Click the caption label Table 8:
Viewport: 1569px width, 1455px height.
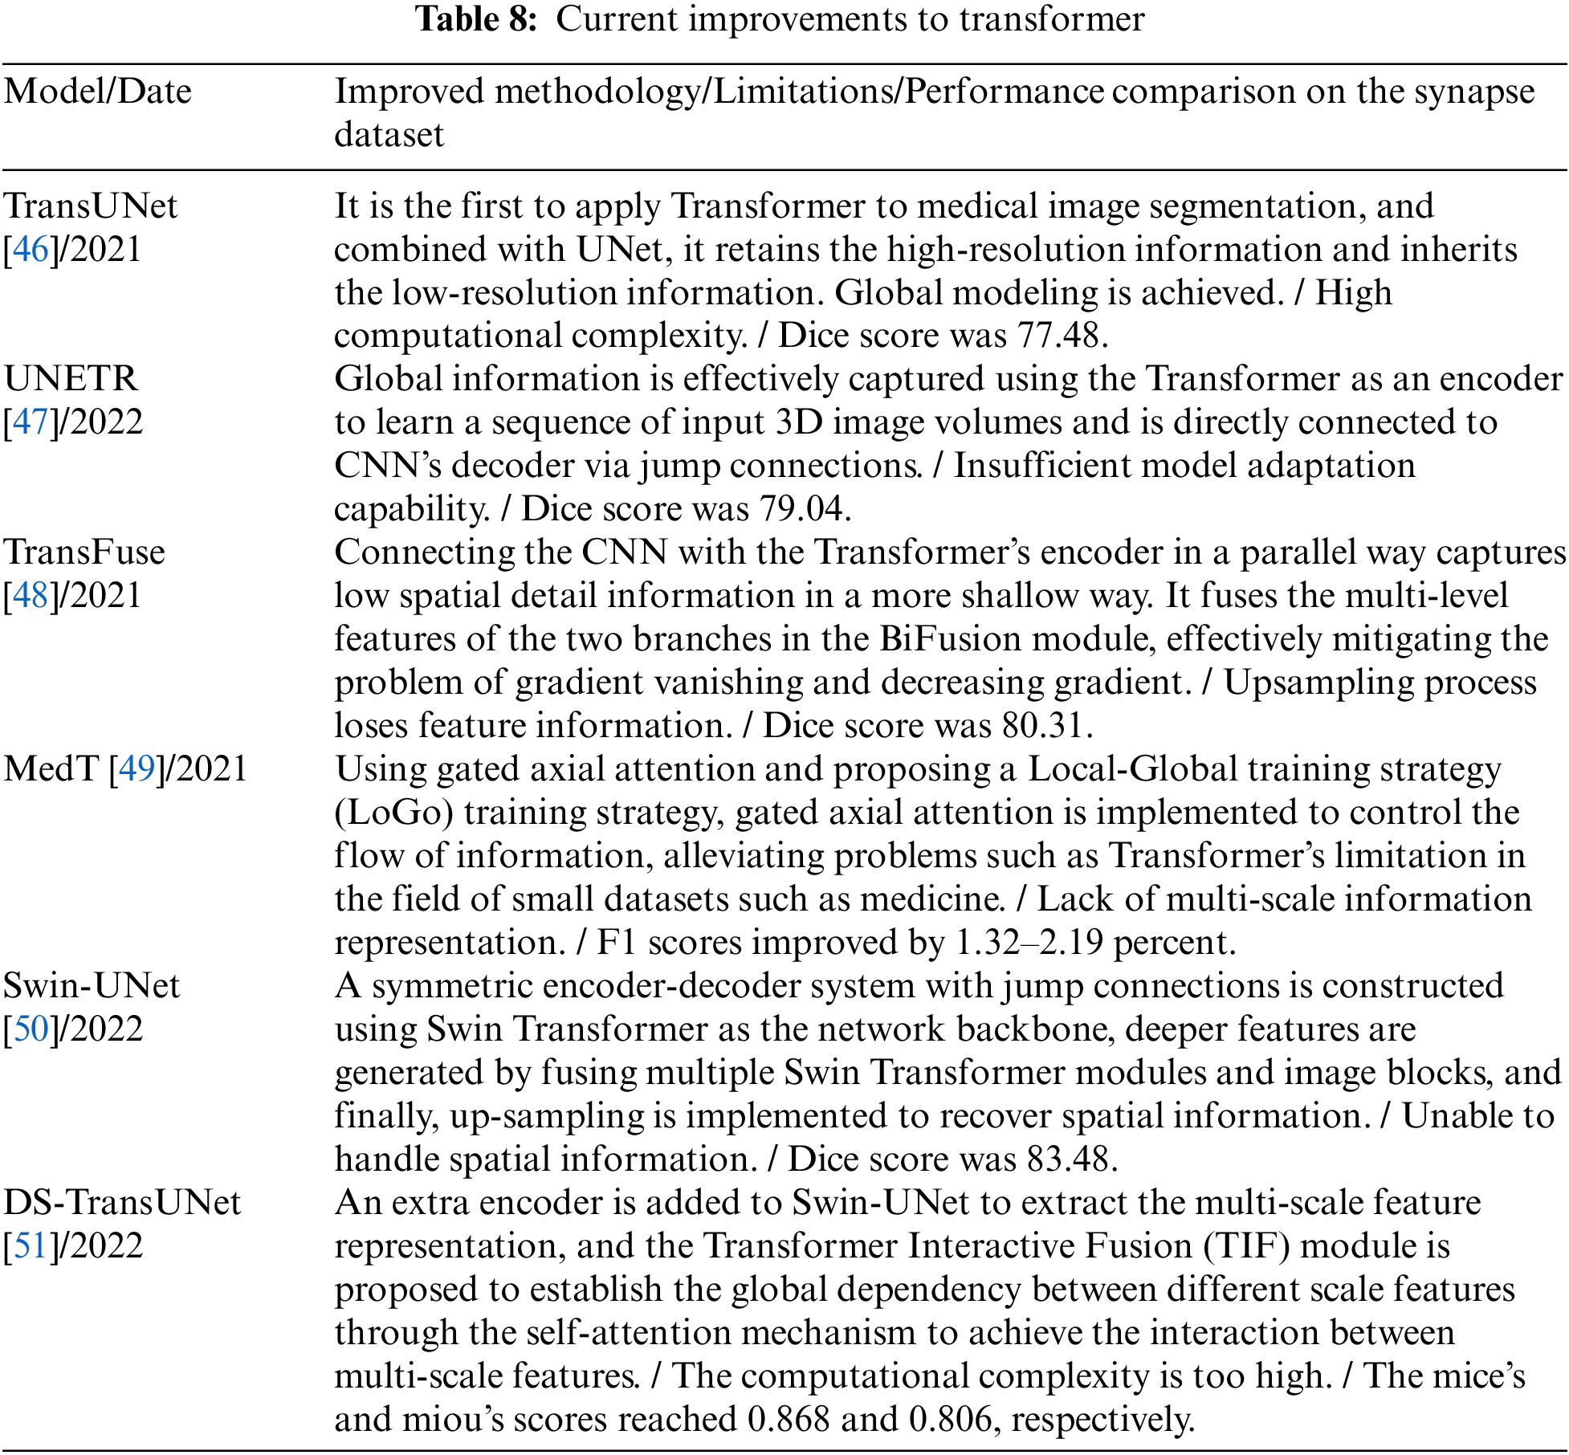476,19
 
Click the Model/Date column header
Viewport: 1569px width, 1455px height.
97,92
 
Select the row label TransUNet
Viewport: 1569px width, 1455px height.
90,206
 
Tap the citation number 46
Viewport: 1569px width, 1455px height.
31,250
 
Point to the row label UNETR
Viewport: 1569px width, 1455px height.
71,379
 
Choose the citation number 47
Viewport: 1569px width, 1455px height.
31,422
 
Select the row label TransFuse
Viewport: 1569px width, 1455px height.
84,552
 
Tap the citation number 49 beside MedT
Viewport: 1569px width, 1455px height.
137,769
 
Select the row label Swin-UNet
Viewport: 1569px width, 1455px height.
92,986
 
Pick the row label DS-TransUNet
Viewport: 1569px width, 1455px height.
122,1203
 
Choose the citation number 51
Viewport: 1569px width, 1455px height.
31,1246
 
